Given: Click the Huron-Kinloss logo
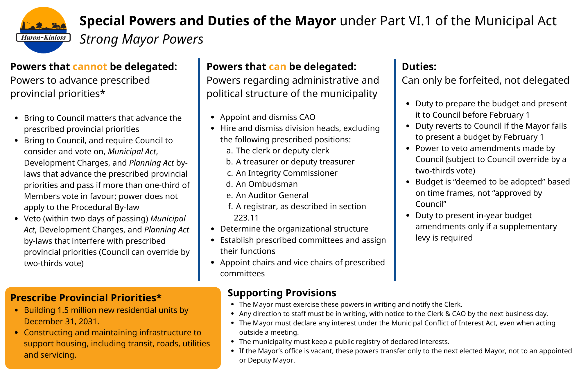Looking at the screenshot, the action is [43, 30].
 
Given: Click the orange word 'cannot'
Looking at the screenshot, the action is [90, 67].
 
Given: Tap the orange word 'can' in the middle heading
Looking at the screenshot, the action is [277, 67].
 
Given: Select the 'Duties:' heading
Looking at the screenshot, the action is [419, 67].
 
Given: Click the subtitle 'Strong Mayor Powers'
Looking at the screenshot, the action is [141, 39].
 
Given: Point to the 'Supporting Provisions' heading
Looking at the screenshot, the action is [282, 293].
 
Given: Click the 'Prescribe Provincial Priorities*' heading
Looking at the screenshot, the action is [86, 298].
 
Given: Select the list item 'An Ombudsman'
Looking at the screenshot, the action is [267, 184].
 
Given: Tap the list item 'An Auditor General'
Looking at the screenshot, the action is [272, 195].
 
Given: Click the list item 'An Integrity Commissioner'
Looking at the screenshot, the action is [287, 173].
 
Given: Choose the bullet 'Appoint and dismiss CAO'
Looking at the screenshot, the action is [268, 117].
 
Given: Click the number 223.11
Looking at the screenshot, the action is [246, 218].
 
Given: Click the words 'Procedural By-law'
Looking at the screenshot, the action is [105, 207].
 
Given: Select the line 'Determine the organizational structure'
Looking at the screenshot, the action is [294, 229].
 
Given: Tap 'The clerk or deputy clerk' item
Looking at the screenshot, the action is [282, 150].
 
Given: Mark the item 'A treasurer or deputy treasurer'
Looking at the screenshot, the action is [295, 162].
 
